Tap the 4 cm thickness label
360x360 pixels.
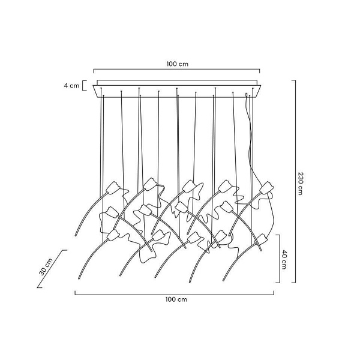click(71, 86)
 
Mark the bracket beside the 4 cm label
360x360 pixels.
click(83, 85)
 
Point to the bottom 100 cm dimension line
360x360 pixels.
click(175, 292)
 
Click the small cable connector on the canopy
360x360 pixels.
click(247, 95)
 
